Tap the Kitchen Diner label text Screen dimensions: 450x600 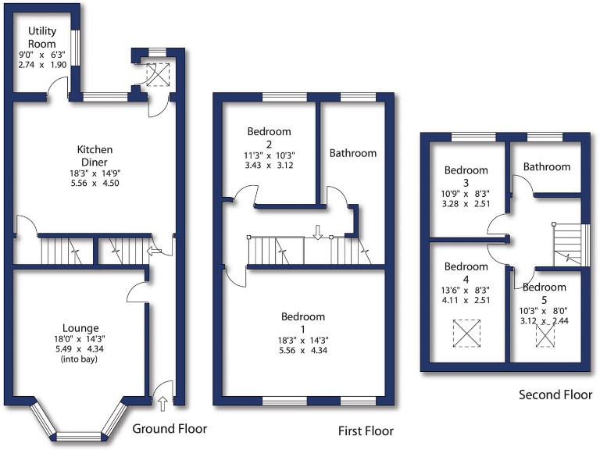[x=95, y=155]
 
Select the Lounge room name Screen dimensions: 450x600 [x=81, y=327]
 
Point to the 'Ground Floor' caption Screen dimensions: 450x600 [x=170, y=428]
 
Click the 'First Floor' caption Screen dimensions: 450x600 [x=366, y=430]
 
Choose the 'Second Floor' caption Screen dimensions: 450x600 [x=555, y=395]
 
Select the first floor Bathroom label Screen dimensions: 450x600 [x=352, y=153]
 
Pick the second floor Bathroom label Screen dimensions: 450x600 [x=547, y=166]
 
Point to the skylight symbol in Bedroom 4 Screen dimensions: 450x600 [x=466, y=334]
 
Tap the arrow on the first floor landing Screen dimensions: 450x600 [x=318, y=231]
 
